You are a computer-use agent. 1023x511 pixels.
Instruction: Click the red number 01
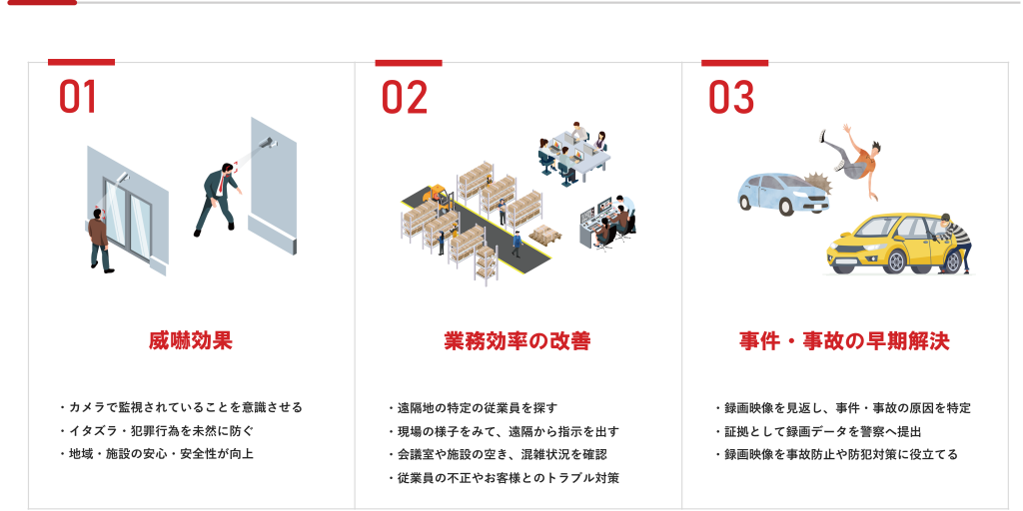78,97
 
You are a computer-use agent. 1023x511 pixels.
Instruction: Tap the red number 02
405,97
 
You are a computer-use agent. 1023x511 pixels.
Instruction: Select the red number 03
731,97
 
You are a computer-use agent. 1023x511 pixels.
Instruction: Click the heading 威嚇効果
191,341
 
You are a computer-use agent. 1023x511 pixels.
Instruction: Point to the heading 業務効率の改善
517,341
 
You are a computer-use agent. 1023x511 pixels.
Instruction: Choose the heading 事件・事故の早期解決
844,341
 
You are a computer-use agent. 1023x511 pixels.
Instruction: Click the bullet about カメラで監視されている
181,408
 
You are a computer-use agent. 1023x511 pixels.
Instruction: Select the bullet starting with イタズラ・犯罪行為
156,431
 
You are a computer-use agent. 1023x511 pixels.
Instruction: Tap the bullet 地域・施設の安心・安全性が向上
156,454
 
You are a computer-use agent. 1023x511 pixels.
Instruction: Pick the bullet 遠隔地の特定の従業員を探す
473,408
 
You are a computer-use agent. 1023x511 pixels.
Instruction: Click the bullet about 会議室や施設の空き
498,454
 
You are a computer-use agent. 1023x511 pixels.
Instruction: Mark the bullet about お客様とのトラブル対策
504,478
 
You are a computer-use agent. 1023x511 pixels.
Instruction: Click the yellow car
888,245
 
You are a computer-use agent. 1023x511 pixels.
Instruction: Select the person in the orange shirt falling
852,160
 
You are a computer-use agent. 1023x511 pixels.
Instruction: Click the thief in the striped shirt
954,242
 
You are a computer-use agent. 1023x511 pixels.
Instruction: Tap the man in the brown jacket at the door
100,240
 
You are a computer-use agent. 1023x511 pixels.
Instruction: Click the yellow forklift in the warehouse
439,198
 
